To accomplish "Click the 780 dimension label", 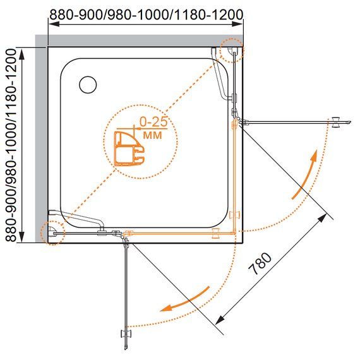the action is pos(260,263).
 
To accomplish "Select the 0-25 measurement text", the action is pos(153,122).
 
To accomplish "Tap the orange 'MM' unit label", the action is pos(152,135).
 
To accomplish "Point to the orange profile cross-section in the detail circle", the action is pos(129,148).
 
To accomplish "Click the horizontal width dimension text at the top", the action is pos(147,15).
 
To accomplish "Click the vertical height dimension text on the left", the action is pos(11,145).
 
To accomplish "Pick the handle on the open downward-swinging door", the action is pos(126,333).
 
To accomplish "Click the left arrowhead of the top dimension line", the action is pos(54,24).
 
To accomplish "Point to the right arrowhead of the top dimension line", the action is pos(237,24).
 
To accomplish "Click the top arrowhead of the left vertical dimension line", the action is pos(22,54).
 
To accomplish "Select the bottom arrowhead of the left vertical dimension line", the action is pos(22,237).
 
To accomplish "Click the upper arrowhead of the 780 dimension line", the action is pos(322,218).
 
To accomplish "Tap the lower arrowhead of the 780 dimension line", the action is pos(220,320).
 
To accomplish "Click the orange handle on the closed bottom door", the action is pos(215,233).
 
